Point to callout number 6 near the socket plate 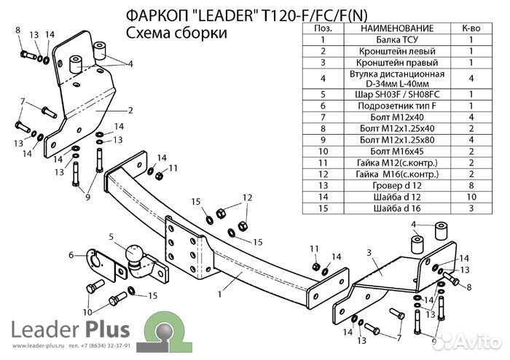point(71,254)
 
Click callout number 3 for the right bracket point(369,251)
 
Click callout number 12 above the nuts point(247,197)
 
